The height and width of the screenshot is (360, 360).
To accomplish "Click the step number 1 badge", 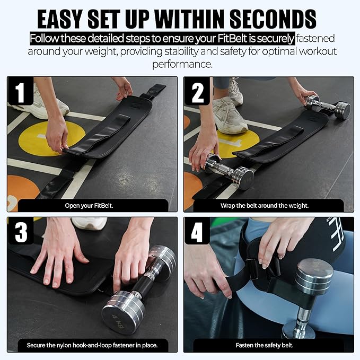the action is pos(21,91).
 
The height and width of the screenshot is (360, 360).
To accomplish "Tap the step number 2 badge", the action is pos(197,91).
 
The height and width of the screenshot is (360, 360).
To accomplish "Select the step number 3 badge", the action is pos(21,231).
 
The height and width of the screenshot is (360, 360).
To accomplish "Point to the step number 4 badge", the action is pos(197,231).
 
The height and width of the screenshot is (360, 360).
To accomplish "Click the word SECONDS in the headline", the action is pos(273,19).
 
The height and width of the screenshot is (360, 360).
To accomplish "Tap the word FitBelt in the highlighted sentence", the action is pos(232,38).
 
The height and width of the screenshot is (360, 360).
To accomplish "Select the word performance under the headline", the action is pos(182,64).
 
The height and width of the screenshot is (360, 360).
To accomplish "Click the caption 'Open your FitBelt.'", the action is pos(89,206).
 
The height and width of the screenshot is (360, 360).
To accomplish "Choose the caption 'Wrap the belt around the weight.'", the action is pos(265,206).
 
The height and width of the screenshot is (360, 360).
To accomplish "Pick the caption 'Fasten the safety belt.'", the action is pos(265,345).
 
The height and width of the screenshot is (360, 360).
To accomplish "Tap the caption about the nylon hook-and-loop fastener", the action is pos(92,345).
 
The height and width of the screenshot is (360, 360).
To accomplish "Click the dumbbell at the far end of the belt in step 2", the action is pos(328,107).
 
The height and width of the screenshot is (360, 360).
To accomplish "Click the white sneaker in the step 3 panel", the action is pos(89,223).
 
